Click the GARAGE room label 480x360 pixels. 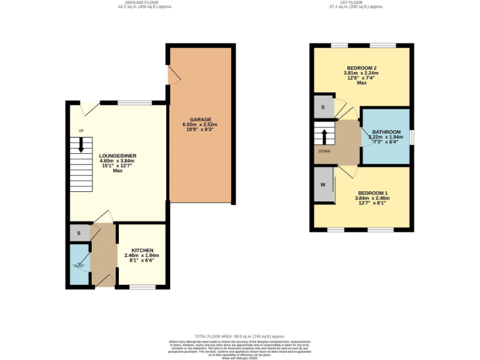tap(201, 119)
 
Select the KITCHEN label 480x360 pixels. tap(142, 250)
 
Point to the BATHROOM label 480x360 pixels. tap(386, 132)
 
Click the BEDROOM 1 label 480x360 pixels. tap(373, 193)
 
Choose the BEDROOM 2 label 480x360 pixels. tap(361, 67)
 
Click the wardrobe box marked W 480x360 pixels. tap(323, 185)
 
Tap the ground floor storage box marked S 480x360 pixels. tap(79, 233)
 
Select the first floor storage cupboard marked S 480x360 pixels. tap(322, 107)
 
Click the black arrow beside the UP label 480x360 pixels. tap(81, 145)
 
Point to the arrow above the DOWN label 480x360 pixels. tap(324, 136)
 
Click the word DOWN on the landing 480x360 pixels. tap(324, 151)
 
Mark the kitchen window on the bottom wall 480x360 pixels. tap(142, 287)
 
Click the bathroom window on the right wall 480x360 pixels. tap(411, 136)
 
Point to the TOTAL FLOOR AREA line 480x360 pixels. tap(239, 336)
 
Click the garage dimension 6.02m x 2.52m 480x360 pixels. tap(200, 125)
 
